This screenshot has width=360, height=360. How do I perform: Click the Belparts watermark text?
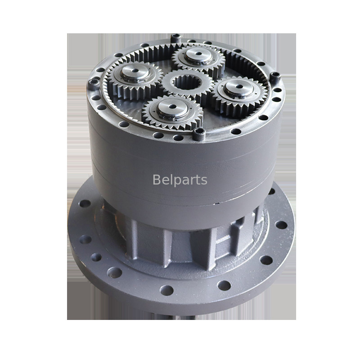pos(180,180)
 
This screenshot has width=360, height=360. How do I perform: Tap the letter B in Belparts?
pos(156,179)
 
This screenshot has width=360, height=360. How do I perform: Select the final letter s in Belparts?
pos(204,181)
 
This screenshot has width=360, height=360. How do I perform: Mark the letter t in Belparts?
pos(198,180)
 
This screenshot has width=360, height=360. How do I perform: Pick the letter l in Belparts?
pos(170,179)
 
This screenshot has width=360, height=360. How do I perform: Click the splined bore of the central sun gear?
pos(187,82)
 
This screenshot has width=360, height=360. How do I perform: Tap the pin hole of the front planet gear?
pos(172,107)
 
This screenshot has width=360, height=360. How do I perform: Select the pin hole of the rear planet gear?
pos(198,54)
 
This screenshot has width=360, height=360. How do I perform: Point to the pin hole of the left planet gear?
pos(135,71)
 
